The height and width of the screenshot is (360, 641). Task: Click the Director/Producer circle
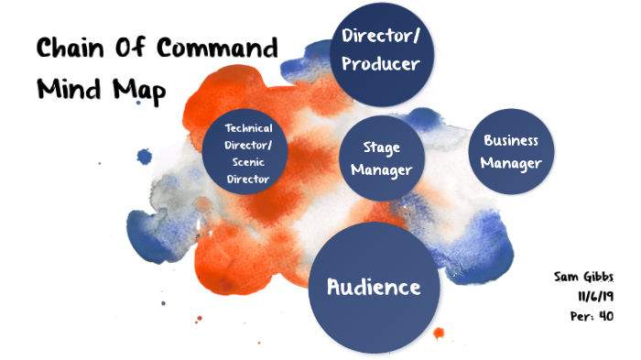[x=380, y=50]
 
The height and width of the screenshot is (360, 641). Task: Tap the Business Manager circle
[x=510, y=153]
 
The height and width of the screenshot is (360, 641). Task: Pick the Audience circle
[x=375, y=287]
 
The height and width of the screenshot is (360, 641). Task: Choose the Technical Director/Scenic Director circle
[x=249, y=153]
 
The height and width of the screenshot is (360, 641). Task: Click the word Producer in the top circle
[x=380, y=64]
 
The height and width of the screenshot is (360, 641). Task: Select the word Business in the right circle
[x=510, y=141]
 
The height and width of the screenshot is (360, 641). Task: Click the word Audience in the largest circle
[x=375, y=287]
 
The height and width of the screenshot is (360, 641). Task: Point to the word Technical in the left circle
[x=249, y=128]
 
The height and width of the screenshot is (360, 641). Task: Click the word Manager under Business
[x=510, y=164]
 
